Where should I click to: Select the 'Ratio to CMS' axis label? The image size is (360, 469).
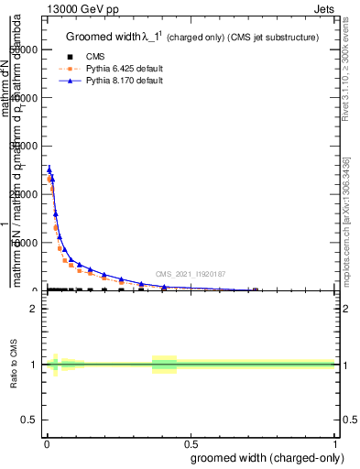[15, 365]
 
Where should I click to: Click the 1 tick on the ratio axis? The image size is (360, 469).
[33, 365]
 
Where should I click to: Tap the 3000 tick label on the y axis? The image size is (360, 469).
[27, 146]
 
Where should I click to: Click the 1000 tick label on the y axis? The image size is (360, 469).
[27, 243]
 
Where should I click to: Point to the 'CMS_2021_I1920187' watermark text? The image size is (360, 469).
[190, 273]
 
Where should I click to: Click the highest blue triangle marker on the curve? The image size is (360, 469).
[49, 169]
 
